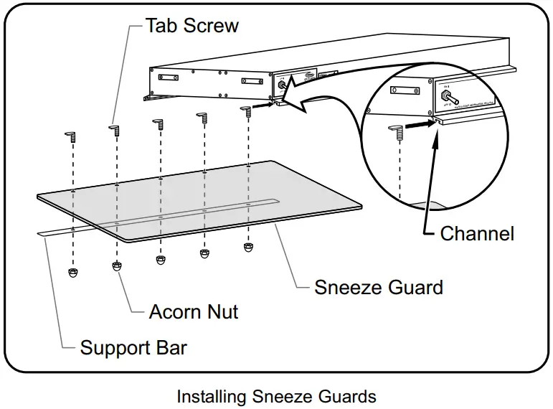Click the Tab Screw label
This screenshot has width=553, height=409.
point(192,26)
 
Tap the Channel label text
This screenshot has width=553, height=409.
point(477,233)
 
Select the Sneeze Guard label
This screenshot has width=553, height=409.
point(379,288)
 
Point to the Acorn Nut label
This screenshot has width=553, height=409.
point(194,311)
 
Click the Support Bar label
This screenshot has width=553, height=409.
point(133,349)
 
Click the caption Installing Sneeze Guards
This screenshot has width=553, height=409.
point(276,395)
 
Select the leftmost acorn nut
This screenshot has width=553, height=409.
point(72,273)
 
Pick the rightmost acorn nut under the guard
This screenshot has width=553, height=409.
point(248,248)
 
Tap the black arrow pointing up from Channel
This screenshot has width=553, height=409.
point(433,133)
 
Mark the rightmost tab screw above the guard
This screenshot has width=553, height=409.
point(247,109)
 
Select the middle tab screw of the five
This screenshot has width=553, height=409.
point(157,121)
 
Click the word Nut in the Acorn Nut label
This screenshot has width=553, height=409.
point(222,311)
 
